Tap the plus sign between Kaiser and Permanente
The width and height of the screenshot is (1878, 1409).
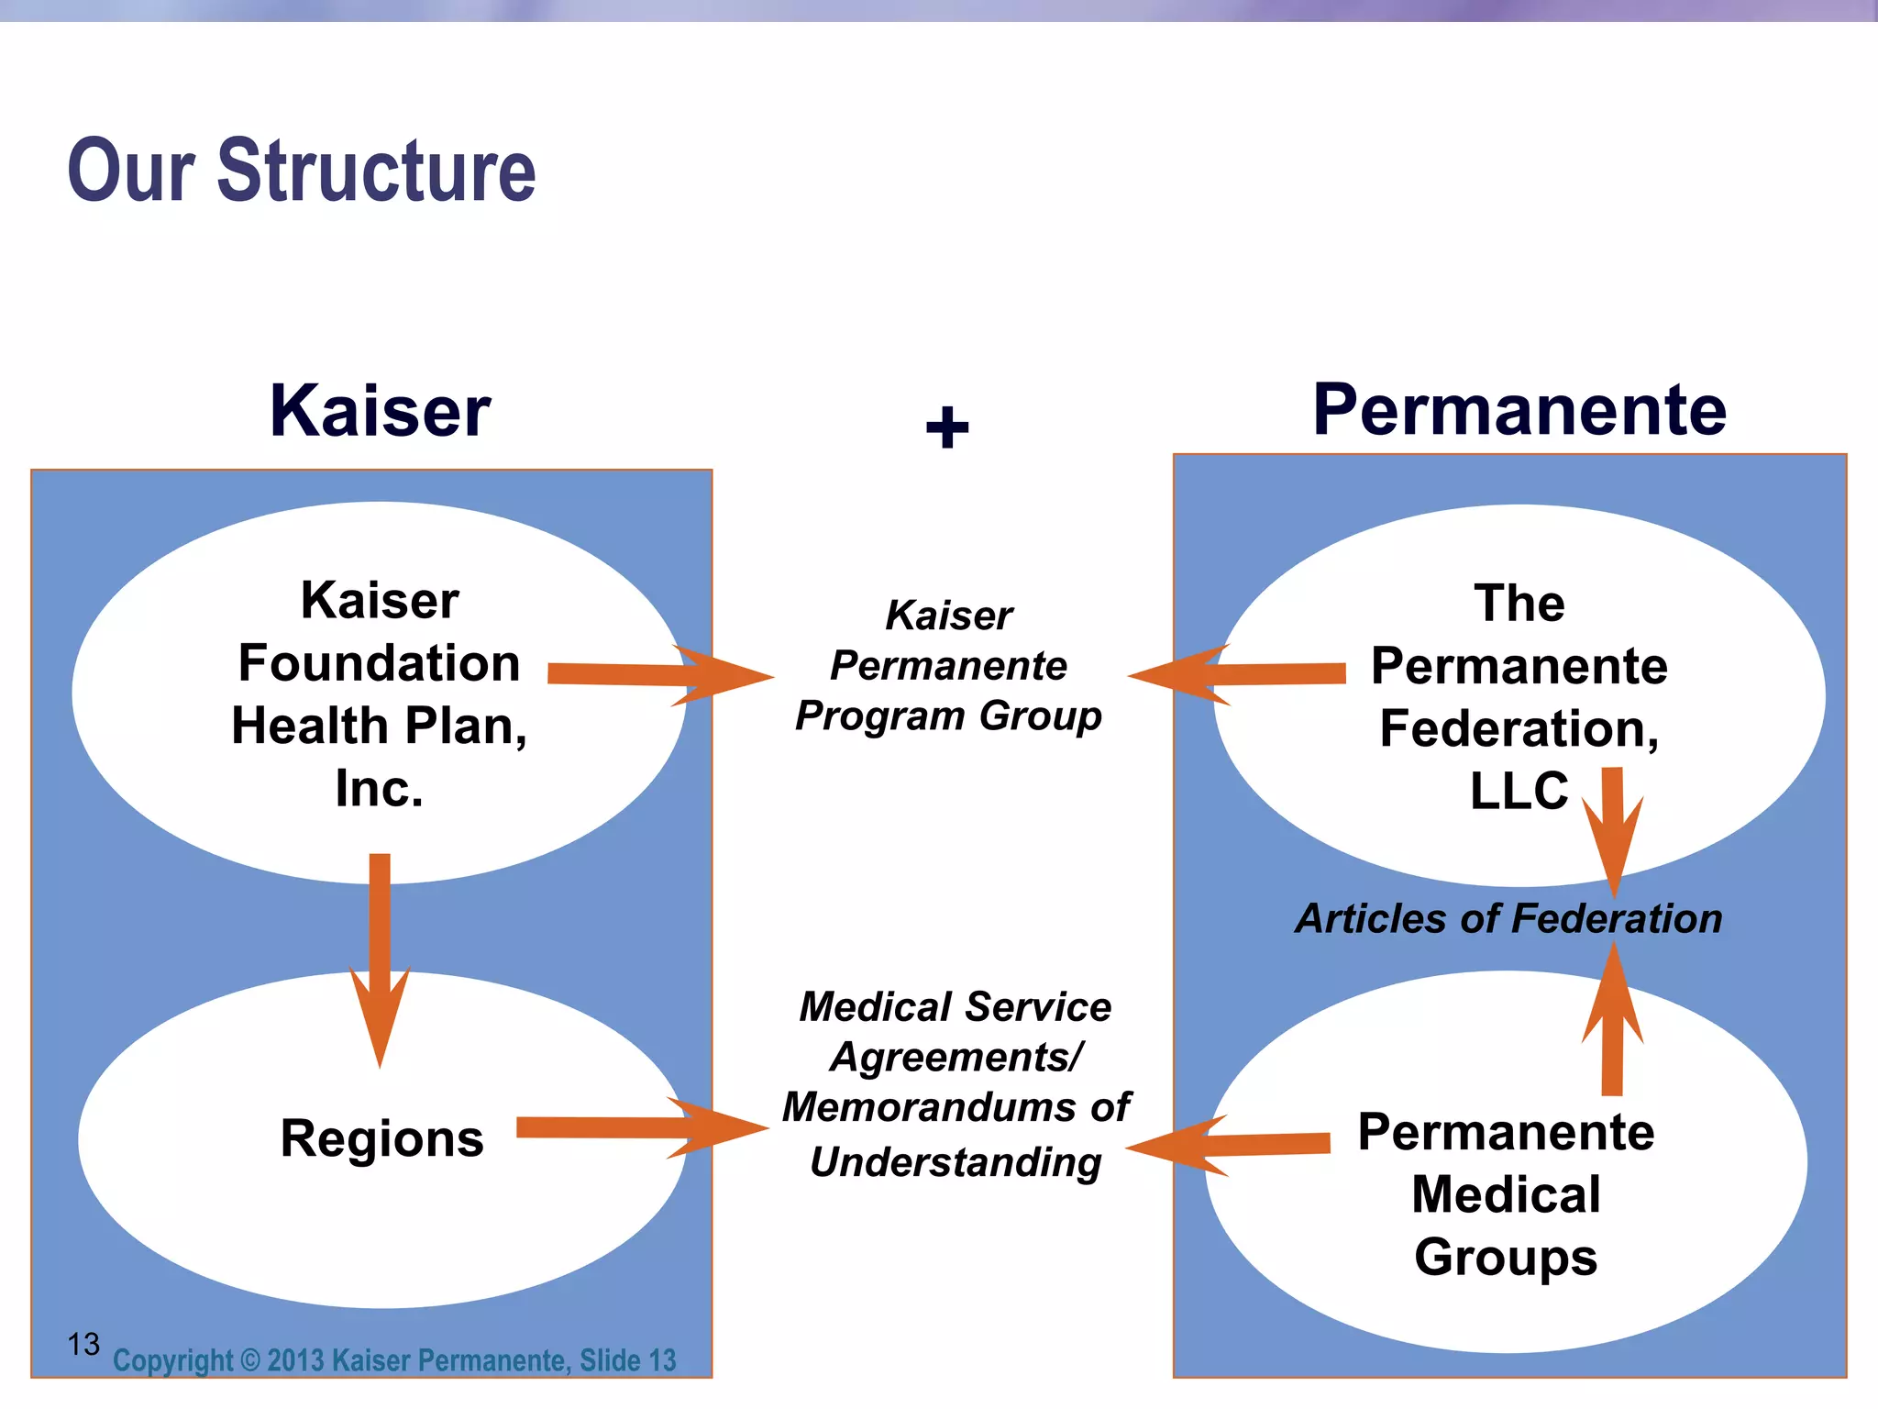coord(947,427)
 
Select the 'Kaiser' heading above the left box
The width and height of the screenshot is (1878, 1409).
coord(380,411)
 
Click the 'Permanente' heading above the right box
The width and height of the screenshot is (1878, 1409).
coord(1519,409)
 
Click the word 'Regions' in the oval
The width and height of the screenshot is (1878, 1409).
coord(381,1138)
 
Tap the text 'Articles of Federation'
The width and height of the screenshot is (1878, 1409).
coord(1508,918)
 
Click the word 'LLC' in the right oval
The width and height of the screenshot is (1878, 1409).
coord(1519,791)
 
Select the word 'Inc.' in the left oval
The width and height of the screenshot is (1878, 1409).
coord(379,789)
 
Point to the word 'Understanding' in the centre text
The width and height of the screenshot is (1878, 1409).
coord(956,1162)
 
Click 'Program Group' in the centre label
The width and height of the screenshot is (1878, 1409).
coord(948,716)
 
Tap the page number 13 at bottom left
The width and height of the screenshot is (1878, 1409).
coord(83,1345)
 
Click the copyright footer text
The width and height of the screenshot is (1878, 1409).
coord(394,1360)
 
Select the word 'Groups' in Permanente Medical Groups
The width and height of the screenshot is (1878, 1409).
coord(1506,1257)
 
